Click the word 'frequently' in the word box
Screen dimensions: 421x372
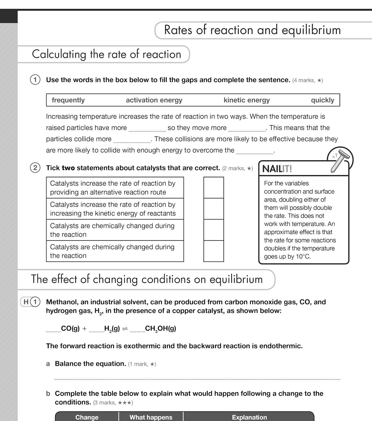68,100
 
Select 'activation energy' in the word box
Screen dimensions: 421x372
154,100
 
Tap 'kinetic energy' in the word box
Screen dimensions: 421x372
246,100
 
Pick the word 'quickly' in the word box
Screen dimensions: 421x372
322,100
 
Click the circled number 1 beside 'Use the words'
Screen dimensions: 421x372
35,80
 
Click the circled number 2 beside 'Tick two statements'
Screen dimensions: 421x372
35,168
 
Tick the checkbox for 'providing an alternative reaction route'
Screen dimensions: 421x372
214,188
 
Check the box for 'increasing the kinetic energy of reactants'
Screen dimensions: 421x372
214,209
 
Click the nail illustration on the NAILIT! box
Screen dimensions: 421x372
339,160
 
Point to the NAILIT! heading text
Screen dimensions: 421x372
277,169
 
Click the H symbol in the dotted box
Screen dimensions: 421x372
26,302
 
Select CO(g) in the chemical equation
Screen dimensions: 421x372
70,329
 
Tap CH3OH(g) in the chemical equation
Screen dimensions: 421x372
160,329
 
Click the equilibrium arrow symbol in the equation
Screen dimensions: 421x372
125,329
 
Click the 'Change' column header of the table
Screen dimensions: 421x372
87,417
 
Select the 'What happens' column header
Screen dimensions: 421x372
151,417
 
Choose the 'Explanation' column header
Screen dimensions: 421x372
249,417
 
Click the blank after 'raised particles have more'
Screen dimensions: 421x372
147,129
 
